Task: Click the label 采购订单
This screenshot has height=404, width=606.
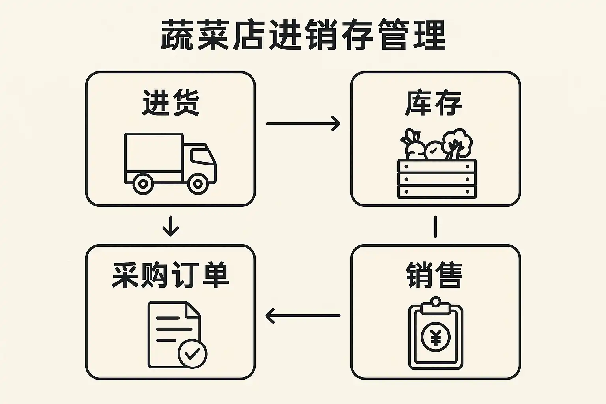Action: tap(170, 275)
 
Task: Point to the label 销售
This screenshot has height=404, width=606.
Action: tap(434, 275)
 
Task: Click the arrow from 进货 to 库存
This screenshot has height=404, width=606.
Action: tap(303, 123)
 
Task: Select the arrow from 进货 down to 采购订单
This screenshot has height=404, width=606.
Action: tap(170, 226)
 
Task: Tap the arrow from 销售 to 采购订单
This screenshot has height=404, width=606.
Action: tap(303, 316)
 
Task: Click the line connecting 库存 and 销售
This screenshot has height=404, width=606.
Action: tap(435, 226)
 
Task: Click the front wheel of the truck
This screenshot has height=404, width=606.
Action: tap(198, 184)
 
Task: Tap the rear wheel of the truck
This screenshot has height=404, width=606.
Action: tap(143, 184)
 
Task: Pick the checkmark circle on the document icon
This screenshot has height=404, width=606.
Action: tap(193, 353)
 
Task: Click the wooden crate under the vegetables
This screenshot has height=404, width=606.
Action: tap(437, 179)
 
